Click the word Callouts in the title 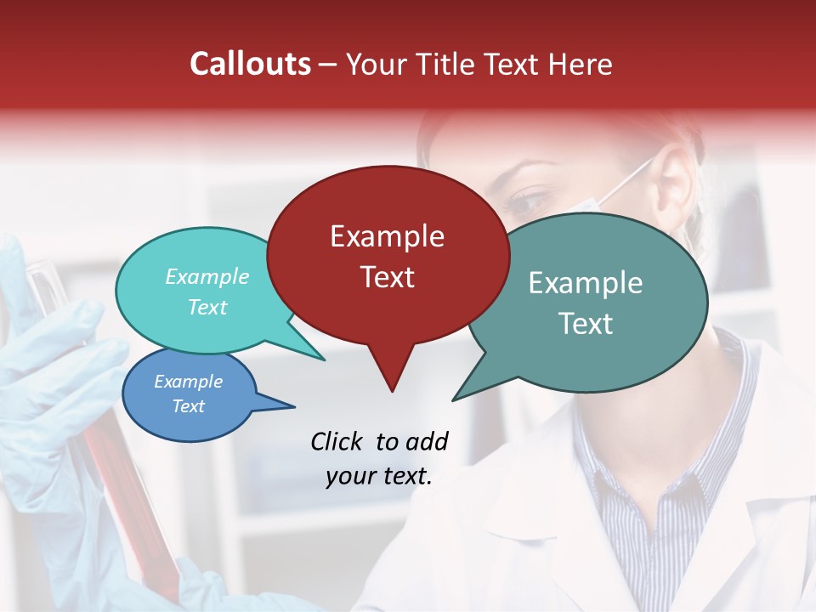point(250,64)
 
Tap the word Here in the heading point(581,65)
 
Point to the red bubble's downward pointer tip point(392,391)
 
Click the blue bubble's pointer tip point(294,405)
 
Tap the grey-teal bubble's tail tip point(454,399)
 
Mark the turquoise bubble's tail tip point(324,360)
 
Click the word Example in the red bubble point(387,236)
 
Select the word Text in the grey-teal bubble point(585,324)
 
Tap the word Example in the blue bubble point(188,382)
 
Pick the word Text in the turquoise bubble point(207,308)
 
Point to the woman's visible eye point(529,203)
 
